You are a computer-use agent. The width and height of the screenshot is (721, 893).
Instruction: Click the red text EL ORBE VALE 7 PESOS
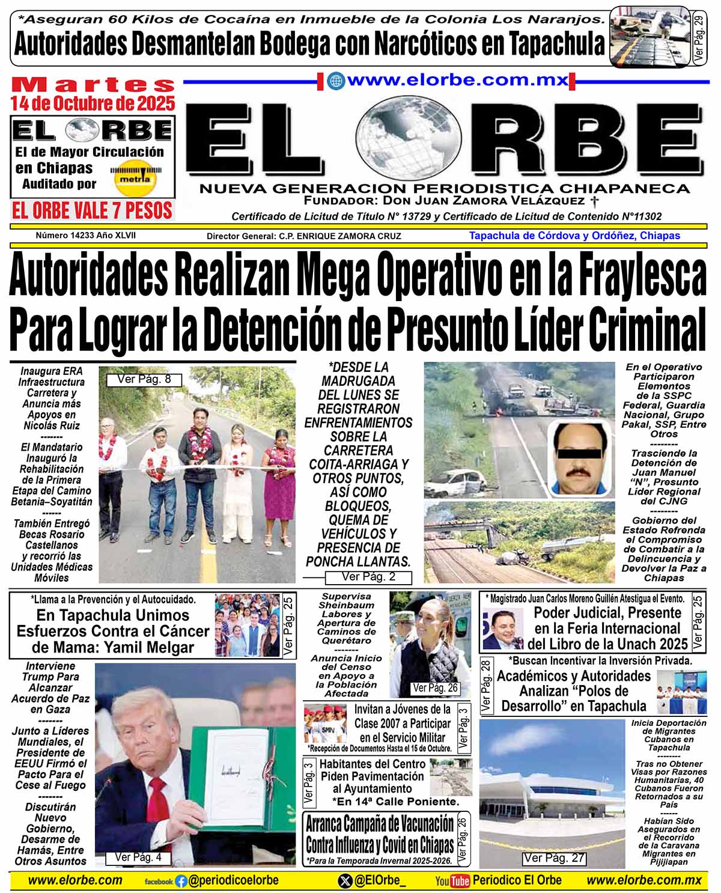tap(92, 210)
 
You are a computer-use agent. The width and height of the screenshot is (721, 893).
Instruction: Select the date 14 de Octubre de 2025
tap(93, 103)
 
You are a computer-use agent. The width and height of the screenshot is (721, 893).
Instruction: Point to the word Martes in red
tap(93, 85)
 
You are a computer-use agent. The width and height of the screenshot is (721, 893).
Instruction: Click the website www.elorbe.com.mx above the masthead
tap(457, 80)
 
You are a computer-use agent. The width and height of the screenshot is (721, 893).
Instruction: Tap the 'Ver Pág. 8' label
tap(144, 379)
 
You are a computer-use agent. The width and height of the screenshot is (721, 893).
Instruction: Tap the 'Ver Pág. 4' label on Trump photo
tap(138, 858)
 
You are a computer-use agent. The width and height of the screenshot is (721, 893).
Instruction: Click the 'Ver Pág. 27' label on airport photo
tap(553, 858)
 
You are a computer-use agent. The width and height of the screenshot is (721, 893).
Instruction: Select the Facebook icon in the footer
tap(181, 882)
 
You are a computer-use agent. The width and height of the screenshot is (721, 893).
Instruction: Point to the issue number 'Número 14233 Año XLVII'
tap(86, 236)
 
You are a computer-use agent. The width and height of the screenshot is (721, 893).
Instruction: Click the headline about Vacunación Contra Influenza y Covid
tap(380, 834)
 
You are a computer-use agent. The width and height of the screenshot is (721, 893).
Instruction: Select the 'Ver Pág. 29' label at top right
tap(698, 36)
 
